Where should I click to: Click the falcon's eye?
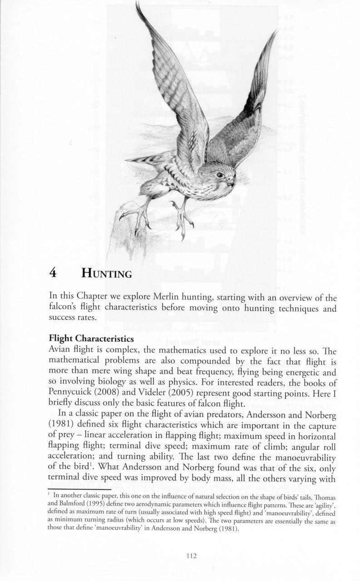(x=220, y=174)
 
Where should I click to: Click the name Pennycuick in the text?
(x=71, y=390)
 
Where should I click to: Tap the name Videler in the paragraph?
(x=158, y=390)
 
